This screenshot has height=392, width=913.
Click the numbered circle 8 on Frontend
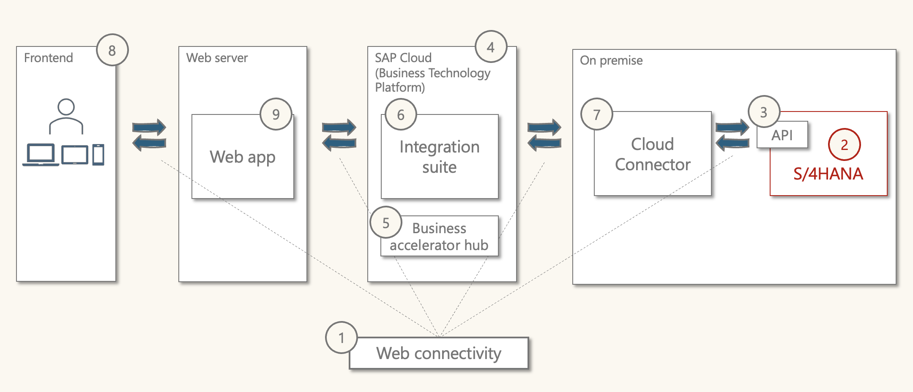pyautogui.click(x=112, y=50)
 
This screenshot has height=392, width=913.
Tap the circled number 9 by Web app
pyautogui.click(x=276, y=114)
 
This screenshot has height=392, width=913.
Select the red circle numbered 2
pyautogui.click(x=844, y=144)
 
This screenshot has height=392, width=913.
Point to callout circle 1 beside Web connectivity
pyautogui.click(x=342, y=338)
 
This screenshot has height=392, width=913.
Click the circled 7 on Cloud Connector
pyautogui.click(x=596, y=114)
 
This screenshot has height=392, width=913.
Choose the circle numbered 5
pyautogui.click(x=385, y=223)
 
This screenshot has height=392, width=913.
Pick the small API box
pyautogui.click(x=782, y=135)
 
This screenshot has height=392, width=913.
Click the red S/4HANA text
pyautogui.click(x=828, y=174)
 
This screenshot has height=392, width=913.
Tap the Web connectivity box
pyautogui.click(x=439, y=353)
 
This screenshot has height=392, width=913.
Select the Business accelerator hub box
pyautogui.click(x=440, y=237)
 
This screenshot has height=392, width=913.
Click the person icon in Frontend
pyautogui.click(x=66, y=116)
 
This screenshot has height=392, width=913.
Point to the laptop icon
pyautogui.click(x=41, y=155)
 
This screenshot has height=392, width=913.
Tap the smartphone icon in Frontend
pyautogui.click(x=98, y=155)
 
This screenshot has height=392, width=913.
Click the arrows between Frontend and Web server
pyautogui.click(x=149, y=135)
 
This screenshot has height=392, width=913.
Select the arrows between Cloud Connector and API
pyautogui.click(x=733, y=135)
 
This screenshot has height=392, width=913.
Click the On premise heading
pyautogui.click(x=611, y=60)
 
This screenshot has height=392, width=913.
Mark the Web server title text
pyautogui.click(x=217, y=58)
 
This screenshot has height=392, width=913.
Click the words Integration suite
pyautogui.click(x=440, y=157)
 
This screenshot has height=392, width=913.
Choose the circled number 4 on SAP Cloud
pyautogui.click(x=491, y=47)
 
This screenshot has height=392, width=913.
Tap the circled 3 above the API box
pyautogui.click(x=763, y=112)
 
